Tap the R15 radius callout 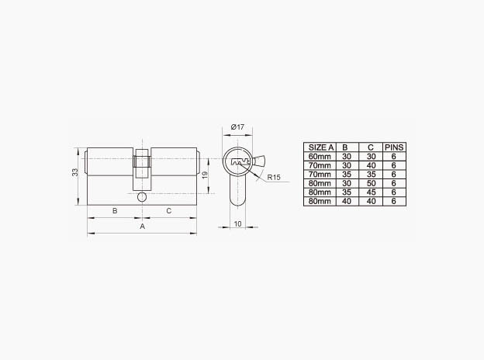pos(273,178)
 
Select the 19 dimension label pos(204,175)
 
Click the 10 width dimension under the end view pos(238,225)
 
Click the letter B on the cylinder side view pos(115,211)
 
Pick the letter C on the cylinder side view pos(168,211)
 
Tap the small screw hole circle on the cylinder pos(141,199)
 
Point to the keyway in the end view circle pos(240,163)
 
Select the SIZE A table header pos(320,147)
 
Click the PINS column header pos(394,147)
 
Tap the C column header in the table pos(369,147)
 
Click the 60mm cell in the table pos(320,155)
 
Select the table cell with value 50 pos(369,183)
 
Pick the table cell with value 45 pos(369,192)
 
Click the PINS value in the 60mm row pos(394,155)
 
